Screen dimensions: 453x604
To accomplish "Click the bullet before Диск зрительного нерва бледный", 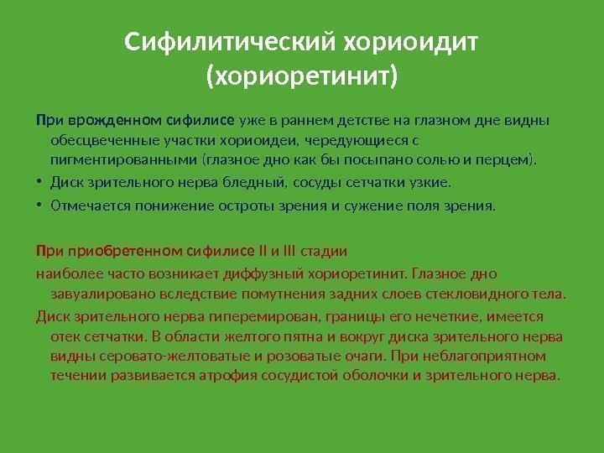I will coord(39,181).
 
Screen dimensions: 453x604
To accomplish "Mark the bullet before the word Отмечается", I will coord(39,204).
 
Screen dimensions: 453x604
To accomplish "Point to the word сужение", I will coord(351,204).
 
